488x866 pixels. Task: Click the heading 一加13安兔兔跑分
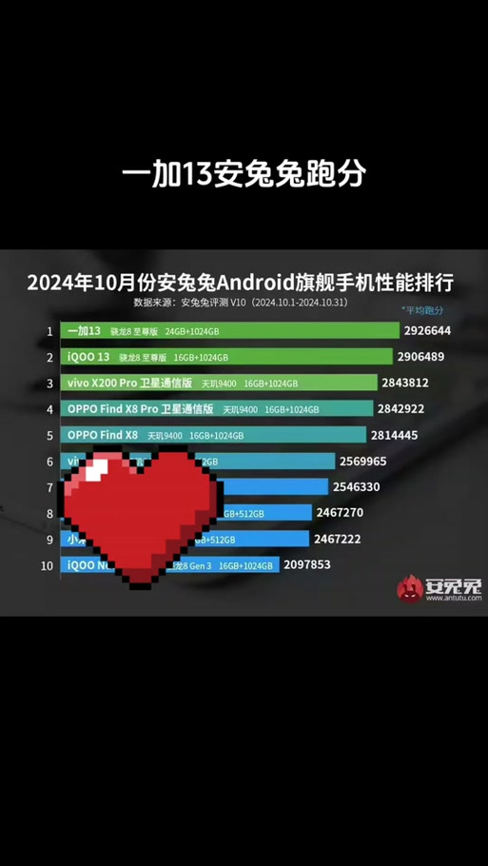[x=244, y=174]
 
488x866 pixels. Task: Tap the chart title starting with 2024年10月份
[x=240, y=284]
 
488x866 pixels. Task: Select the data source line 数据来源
[x=241, y=303]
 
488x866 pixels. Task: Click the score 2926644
[x=428, y=331]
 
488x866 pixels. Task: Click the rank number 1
[x=49, y=331]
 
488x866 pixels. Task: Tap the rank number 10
[x=47, y=564]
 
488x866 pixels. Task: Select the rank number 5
[x=49, y=435]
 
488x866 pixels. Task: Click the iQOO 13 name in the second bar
[x=90, y=357]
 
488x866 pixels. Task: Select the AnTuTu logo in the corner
[x=439, y=587]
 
